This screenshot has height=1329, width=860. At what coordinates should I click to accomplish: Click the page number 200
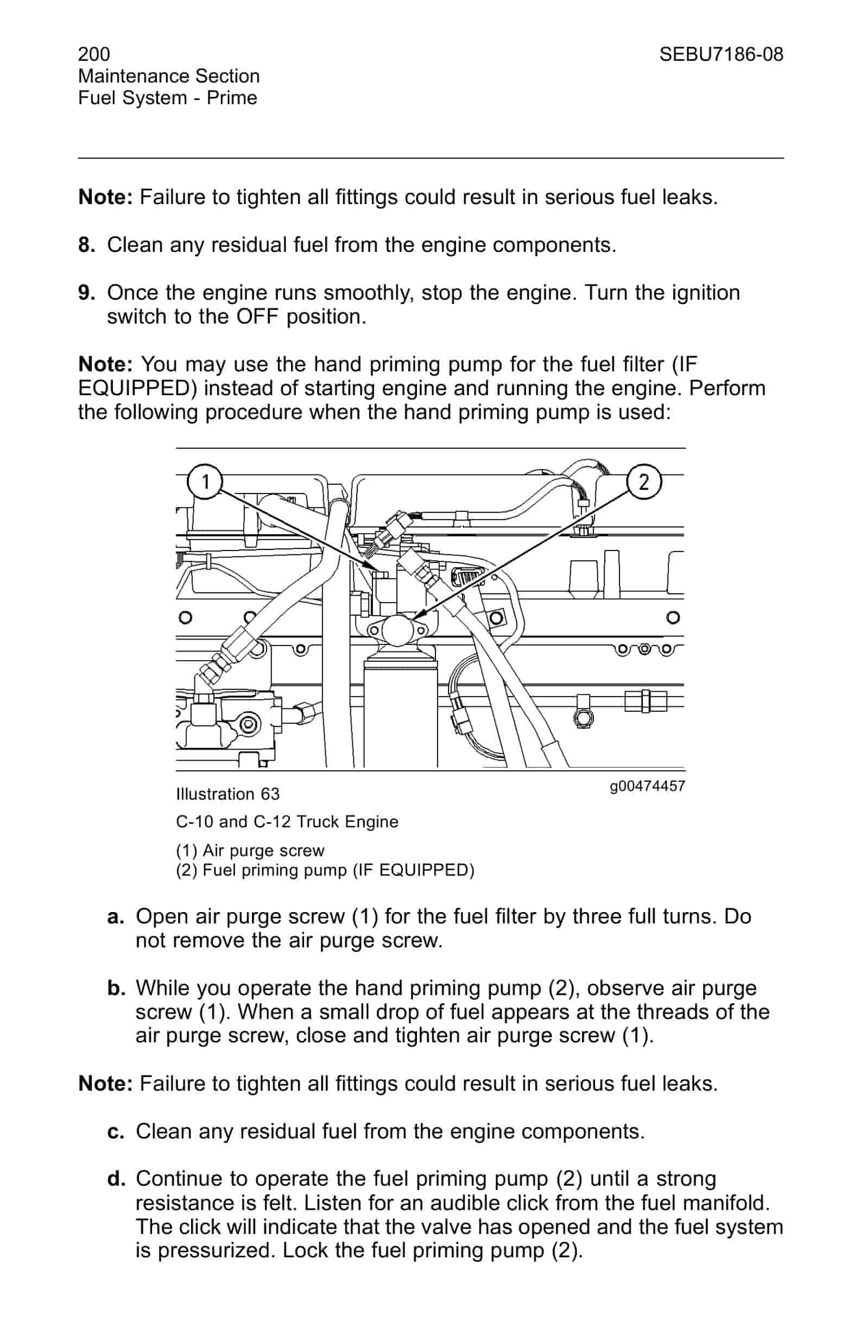coord(94,54)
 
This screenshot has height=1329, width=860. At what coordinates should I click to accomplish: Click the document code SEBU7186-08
coord(721,54)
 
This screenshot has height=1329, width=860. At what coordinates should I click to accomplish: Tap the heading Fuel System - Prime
coord(168,98)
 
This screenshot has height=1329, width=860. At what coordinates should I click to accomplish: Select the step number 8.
coord(86,245)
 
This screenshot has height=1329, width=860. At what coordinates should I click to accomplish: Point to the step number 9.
coord(86,293)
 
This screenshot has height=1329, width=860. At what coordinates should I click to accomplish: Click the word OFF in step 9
coord(257,317)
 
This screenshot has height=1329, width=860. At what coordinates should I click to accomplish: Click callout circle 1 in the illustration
coord(205,481)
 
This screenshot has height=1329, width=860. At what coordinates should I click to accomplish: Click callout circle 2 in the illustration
coord(644,481)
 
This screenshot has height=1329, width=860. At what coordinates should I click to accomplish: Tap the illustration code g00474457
coord(647,786)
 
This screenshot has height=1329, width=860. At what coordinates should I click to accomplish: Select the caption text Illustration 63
coord(228,794)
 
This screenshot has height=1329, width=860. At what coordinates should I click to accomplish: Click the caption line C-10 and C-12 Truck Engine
coord(287,822)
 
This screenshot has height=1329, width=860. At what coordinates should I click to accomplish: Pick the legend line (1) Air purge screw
coord(250,851)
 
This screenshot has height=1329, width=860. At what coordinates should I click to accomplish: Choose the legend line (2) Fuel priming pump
coord(325,870)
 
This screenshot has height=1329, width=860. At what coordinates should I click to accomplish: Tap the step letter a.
coord(115,916)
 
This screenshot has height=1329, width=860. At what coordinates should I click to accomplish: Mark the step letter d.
coord(115,1179)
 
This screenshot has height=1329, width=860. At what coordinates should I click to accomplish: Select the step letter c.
coord(115,1131)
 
